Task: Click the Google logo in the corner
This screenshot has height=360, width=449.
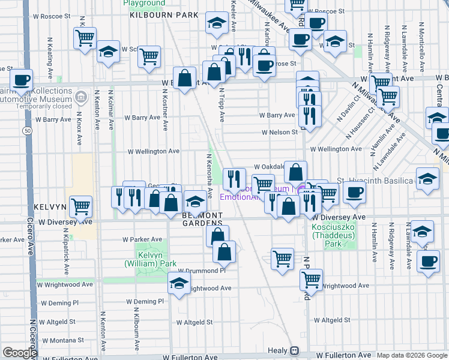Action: click(20, 353)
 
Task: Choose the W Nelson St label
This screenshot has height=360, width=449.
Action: click(279, 132)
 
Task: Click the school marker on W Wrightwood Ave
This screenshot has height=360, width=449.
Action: click(179, 285)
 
